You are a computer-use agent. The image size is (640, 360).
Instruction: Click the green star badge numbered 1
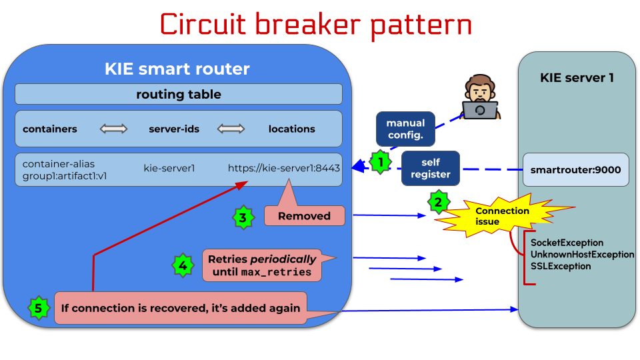click(379, 161)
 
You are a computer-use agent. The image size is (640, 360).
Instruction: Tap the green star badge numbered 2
click(438, 202)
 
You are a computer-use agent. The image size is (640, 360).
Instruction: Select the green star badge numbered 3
click(243, 217)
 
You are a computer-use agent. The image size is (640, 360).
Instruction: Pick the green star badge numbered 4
click(183, 265)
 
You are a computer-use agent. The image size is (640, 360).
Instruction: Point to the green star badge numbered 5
click(38, 308)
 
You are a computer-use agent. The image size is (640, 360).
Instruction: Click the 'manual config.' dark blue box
click(405, 129)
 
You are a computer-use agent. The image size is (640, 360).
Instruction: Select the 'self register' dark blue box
click(431, 169)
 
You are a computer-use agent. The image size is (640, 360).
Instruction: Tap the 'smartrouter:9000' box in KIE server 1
click(575, 170)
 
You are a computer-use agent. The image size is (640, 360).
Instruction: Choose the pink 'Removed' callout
click(304, 215)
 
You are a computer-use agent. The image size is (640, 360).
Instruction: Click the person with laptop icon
click(480, 98)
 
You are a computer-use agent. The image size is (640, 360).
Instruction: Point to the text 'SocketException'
click(567, 243)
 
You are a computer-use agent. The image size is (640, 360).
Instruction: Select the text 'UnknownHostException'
click(582, 255)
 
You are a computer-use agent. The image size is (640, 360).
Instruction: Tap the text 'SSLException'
click(561, 266)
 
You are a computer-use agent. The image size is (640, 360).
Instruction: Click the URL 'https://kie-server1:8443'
click(284, 168)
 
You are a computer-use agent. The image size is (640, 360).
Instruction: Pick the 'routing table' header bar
click(178, 94)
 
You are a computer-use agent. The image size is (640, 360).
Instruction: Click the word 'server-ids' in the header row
click(175, 129)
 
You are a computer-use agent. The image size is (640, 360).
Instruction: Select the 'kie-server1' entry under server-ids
click(169, 168)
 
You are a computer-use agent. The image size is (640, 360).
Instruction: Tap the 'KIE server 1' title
click(577, 78)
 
